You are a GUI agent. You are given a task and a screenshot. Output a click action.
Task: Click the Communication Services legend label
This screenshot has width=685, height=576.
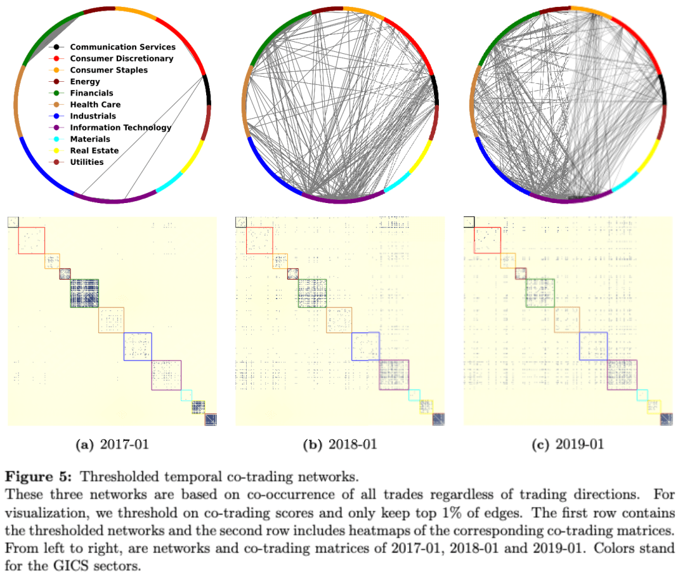122,47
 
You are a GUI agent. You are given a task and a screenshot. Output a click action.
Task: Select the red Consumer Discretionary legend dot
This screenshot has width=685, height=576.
57,58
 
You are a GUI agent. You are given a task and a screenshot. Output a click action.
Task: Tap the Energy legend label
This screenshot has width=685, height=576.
85,82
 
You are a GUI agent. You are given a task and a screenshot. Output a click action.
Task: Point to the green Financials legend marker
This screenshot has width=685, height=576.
57,93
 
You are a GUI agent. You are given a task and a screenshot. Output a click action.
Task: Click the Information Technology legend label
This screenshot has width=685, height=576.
121,128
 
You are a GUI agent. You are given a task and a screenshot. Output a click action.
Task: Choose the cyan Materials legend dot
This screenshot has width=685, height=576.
57,139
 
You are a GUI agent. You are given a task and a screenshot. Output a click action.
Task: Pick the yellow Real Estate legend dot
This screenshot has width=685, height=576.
57,150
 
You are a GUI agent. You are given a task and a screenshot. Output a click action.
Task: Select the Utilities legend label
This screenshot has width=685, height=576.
87,162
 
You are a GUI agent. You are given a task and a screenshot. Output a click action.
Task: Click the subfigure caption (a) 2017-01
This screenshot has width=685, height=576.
112,445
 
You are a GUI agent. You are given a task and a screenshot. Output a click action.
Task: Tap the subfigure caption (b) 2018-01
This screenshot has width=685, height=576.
340,445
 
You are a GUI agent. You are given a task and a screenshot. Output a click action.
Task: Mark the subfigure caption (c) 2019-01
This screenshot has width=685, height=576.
568,445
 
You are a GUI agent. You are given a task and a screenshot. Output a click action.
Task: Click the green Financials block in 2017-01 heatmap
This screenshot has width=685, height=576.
84,294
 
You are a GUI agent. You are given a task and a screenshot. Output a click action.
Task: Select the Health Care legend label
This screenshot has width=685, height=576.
95,105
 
